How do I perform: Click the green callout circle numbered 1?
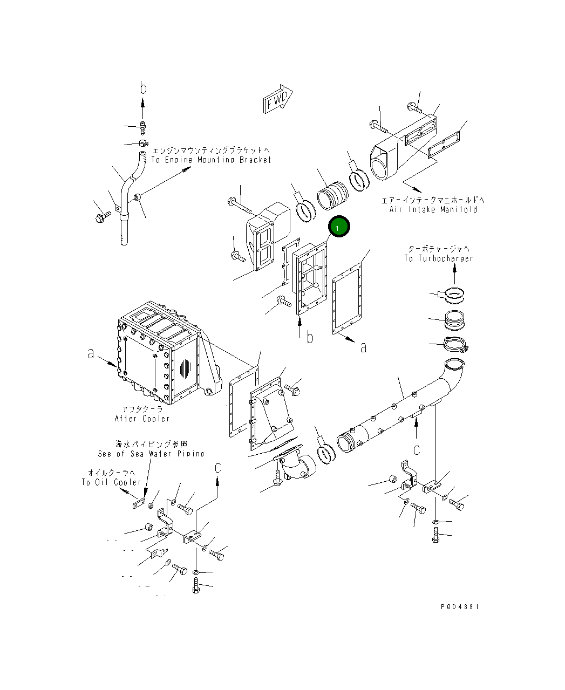click(339, 228)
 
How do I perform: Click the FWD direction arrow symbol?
click(277, 100)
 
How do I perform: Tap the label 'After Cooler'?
click(142, 419)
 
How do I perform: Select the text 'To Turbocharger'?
click(438, 258)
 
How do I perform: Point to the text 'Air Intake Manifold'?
click(433, 209)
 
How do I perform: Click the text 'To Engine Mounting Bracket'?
click(211, 160)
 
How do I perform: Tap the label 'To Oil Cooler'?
click(112, 482)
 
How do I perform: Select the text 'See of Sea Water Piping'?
click(151, 454)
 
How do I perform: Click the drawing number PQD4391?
click(459, 606)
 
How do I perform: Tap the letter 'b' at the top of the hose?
click(144, 88)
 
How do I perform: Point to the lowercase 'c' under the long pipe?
click(417, 449)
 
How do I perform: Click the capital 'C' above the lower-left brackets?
click(218, 468)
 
